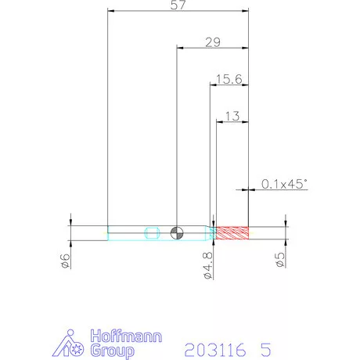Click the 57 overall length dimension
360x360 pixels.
pyautogui.click(x=178, y=5)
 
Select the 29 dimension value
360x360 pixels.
pyautogui.click(x=213, y=42)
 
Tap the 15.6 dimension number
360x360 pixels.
pyautogui.click(x=229, y=79)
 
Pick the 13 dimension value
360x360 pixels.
pyautogui.click(x=232, y=116)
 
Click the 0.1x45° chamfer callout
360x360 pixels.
pyautogui.click(x=284, y=184)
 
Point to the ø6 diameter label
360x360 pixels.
pyautogui.click(x=65, y=261)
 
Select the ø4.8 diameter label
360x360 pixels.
pyautogui.click(x=208, y=265)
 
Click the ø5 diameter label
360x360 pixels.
pyautogui.click(x=280, y=260)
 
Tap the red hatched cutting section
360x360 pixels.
pyautogui.click(x=232, y=233)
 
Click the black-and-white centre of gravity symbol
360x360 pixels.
pyautogui.click(x=177, y=233)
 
